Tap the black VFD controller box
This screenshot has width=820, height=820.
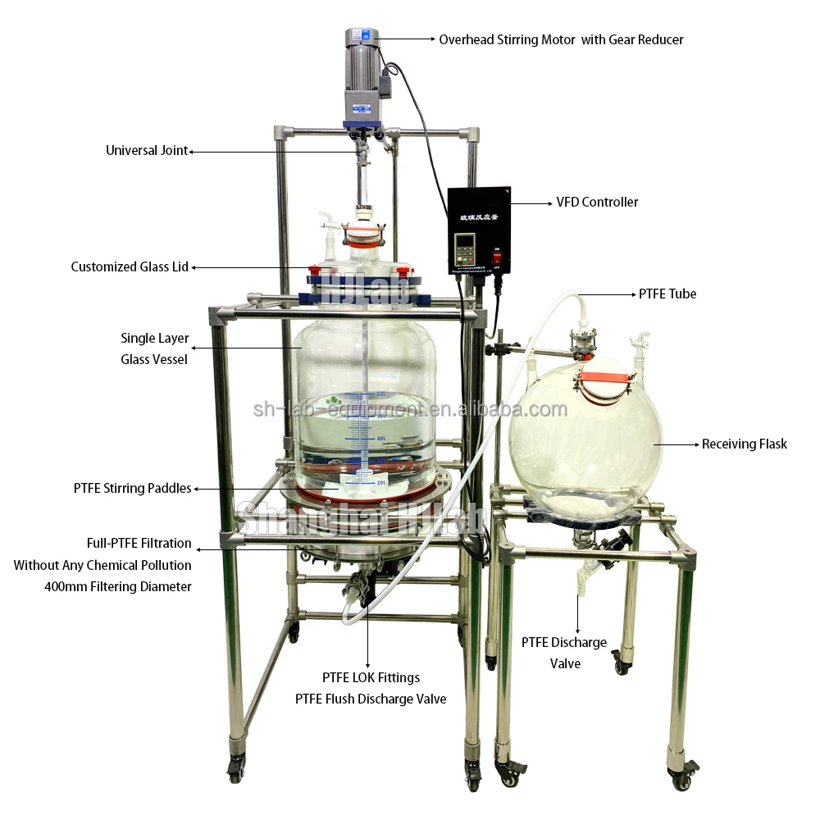(x=479, y=230)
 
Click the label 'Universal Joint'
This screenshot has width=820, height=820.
(x=147, y=151)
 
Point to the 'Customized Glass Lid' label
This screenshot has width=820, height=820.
(x=130, y=266)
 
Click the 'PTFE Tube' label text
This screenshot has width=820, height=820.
(x=667, y=294)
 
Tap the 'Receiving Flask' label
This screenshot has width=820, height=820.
(x=744, y=444)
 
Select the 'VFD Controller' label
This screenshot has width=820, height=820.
(x=597, y=202)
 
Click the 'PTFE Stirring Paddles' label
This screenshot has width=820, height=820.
(x=132, y=488)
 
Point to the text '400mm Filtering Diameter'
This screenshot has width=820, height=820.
(x=118, y=586)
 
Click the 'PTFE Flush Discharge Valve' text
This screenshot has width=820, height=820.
(x=371, y=699)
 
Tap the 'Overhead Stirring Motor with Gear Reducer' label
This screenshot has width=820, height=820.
(x=561, y=39)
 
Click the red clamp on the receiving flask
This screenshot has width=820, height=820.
(x=607, y=376)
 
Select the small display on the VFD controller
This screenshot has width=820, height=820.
(x=466, y=244)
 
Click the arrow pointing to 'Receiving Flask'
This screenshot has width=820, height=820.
(x=676, y=444)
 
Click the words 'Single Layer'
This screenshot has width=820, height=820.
(x=154, y=338)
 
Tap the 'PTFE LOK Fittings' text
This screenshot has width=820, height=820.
(x=371, y=677)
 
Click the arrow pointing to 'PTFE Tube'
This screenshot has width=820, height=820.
(x=607, y=294)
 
